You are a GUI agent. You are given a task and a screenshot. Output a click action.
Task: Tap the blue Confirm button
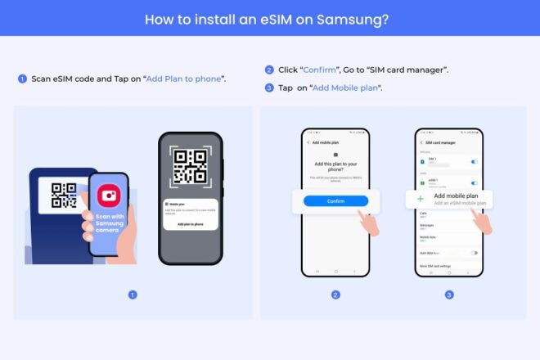335,201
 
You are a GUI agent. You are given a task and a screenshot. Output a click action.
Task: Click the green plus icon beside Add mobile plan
421,199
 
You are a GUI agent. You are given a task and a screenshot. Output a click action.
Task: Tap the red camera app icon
108,196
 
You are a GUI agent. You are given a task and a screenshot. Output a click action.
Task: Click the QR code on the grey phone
190,167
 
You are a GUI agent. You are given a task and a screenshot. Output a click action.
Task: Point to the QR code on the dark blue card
63,196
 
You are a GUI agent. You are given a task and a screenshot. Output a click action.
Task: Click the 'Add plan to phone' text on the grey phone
190,223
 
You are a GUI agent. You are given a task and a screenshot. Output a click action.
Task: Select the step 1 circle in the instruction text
22,79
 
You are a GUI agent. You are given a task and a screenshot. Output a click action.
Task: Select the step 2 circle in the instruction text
269,70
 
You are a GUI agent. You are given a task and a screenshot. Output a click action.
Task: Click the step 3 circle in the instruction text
269,88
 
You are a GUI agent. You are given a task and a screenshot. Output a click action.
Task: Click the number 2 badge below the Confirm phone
335,295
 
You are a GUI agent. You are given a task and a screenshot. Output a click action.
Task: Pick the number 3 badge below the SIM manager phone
449,295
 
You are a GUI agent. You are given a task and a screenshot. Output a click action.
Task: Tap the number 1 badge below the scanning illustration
133,295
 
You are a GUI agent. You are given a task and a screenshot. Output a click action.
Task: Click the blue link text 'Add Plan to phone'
186,79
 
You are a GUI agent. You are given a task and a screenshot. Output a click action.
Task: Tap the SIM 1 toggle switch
475,162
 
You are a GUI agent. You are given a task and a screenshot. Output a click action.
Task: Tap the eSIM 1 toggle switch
475,182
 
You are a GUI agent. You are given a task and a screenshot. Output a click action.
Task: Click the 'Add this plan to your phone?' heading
335,167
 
